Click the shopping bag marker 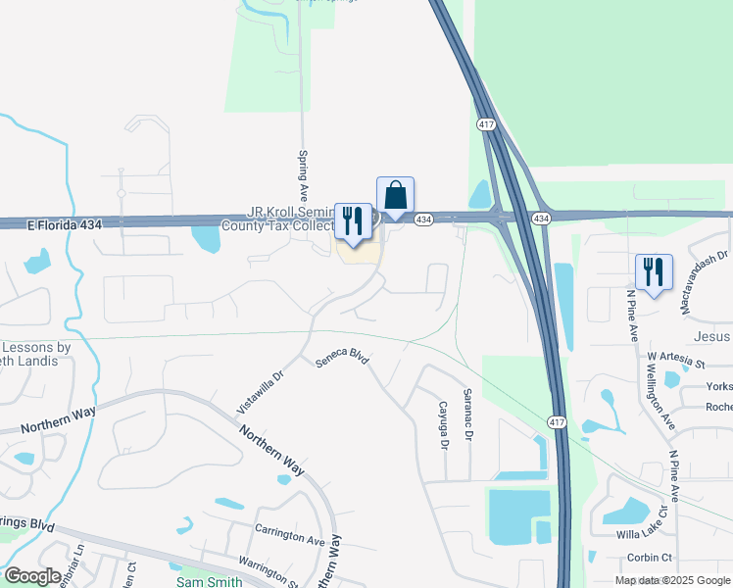point(395,196)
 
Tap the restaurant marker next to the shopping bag point(353,221)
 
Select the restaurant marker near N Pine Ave point(654,272)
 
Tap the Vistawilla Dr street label point(260,390)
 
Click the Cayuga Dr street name point(443,425)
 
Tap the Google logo point(33,576)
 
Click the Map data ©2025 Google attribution point(671,580)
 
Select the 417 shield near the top point(486,124)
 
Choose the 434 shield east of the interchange point(541,218)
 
